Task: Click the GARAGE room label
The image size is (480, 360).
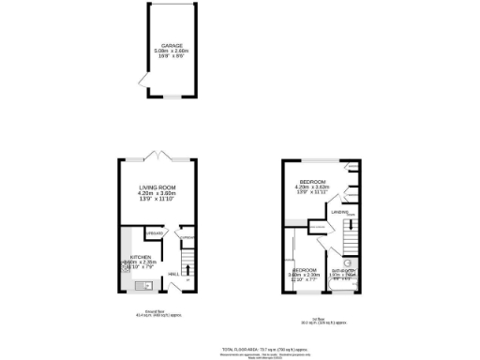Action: click(x=171, y=44)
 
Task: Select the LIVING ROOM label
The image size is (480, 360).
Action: click(x=157, y=188)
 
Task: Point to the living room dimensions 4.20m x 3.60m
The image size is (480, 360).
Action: click(x=157, y=194)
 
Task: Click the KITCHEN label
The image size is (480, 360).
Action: click(x=141, y=256)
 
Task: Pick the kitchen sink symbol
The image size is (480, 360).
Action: click(x=143, y=287)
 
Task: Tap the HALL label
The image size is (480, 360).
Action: click(x=173, y=274)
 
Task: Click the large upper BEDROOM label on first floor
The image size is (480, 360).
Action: click(x=312, y=181)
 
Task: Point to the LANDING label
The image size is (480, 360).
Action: click(x=339, y=213)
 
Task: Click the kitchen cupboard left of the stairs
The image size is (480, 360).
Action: click(x=155, y=232)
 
